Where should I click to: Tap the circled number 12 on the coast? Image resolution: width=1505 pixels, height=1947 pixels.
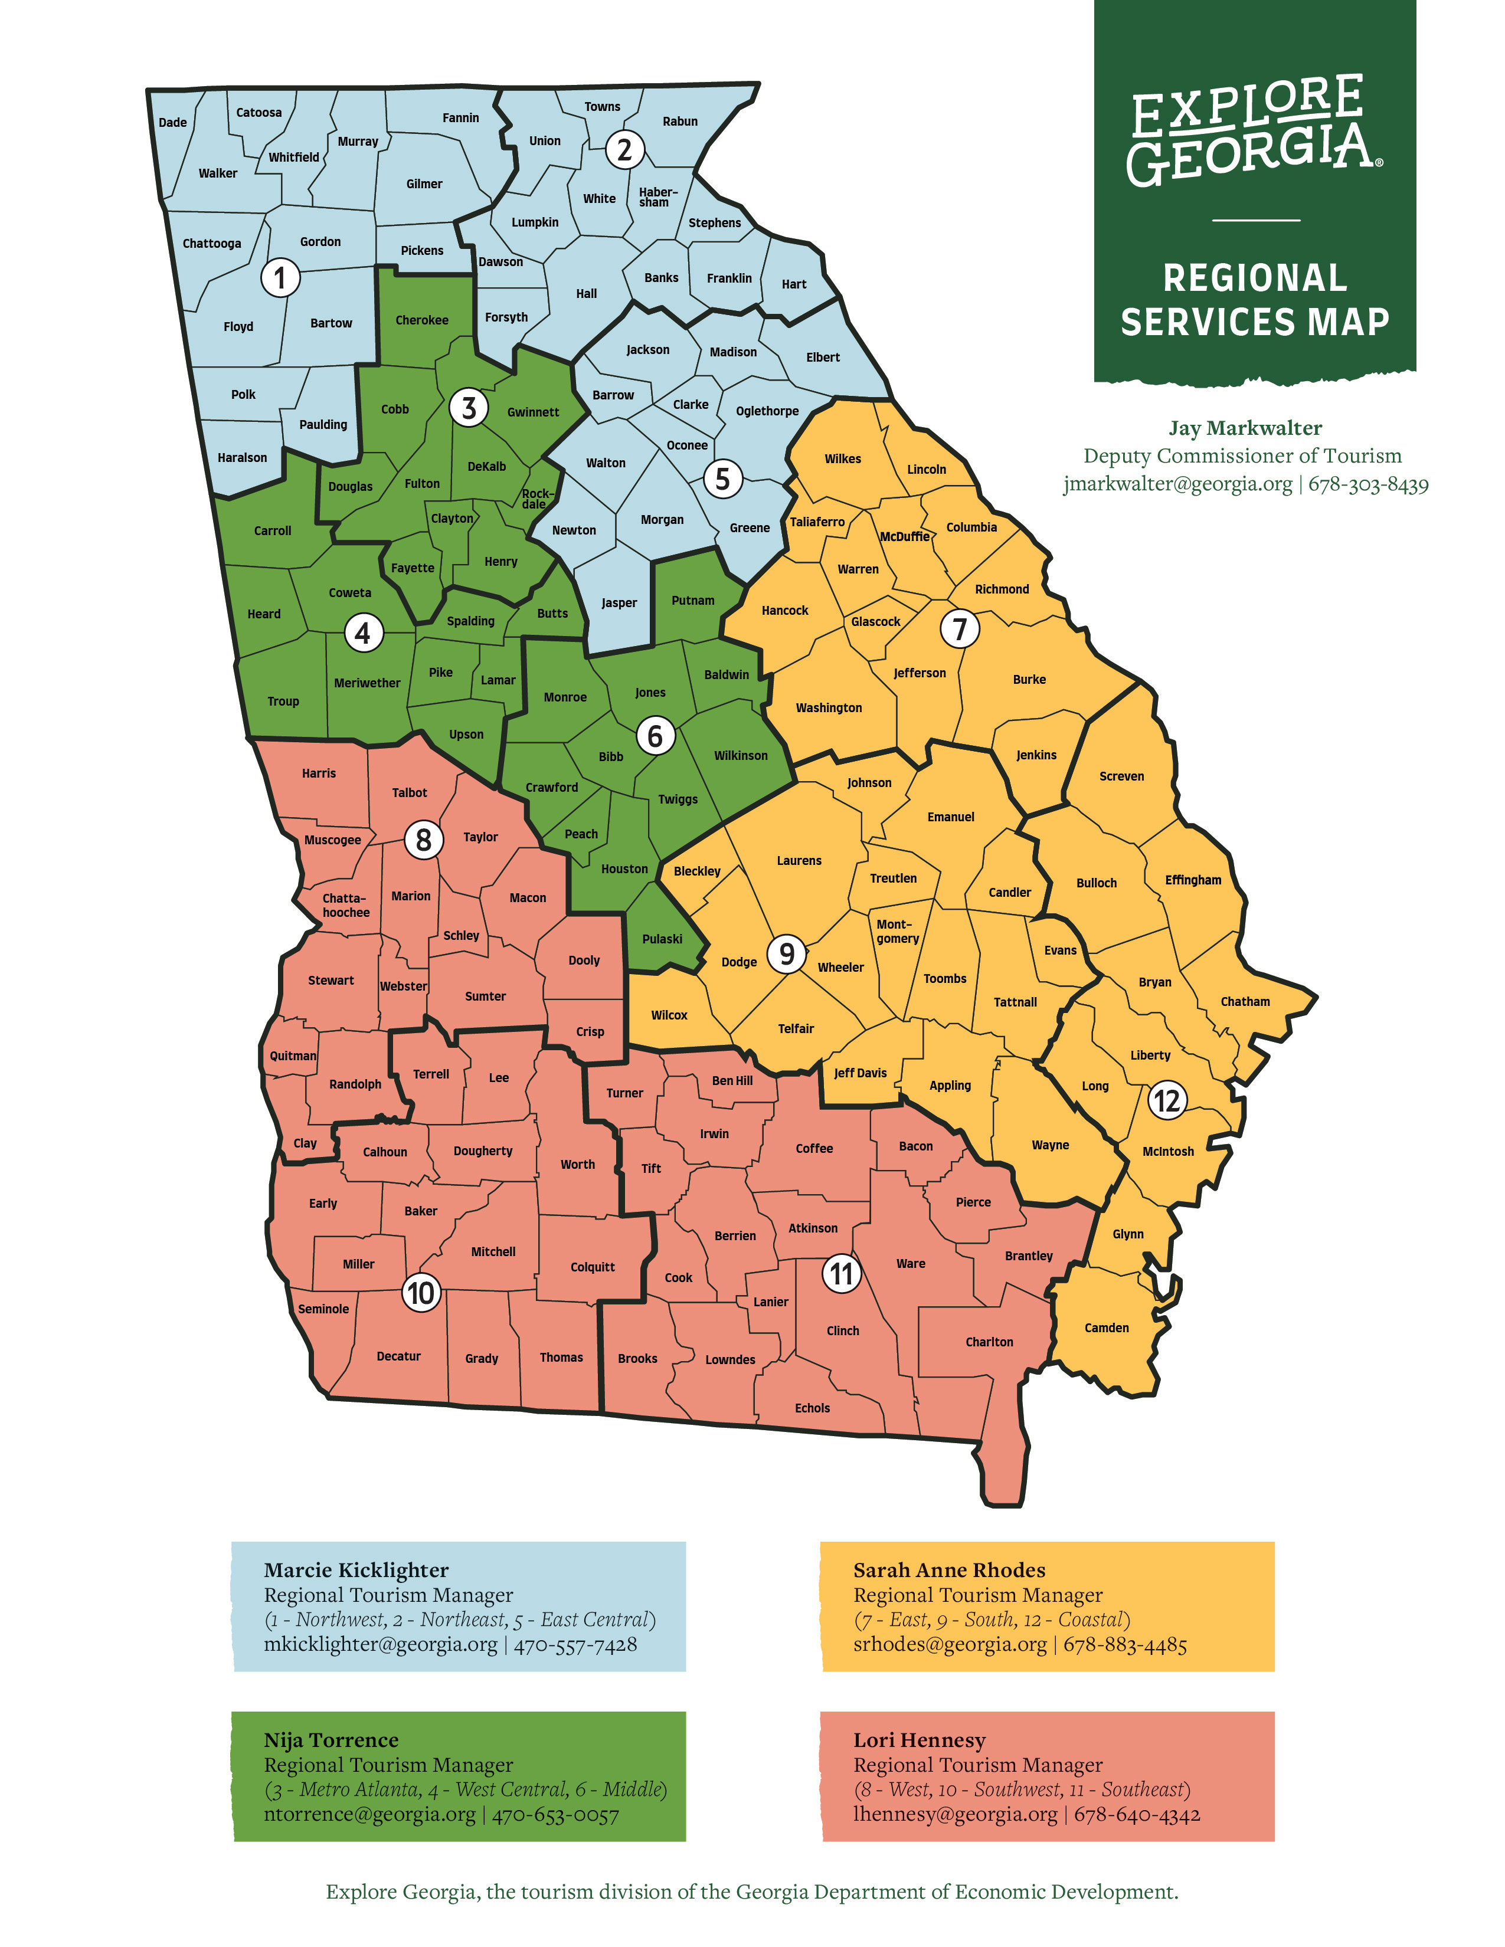click(1166, 1100)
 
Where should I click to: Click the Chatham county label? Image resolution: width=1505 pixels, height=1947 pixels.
click(1245, 1001)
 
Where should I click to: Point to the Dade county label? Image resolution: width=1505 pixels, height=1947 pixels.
click(172, 122)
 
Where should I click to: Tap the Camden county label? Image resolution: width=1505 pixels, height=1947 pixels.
click(1107, 1327)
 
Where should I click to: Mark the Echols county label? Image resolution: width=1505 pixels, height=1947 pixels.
click(812, 1408)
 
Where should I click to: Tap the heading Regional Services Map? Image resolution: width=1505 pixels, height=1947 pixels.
click(1255, 300)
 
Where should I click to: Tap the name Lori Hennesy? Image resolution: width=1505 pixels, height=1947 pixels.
click(919, 1739)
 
